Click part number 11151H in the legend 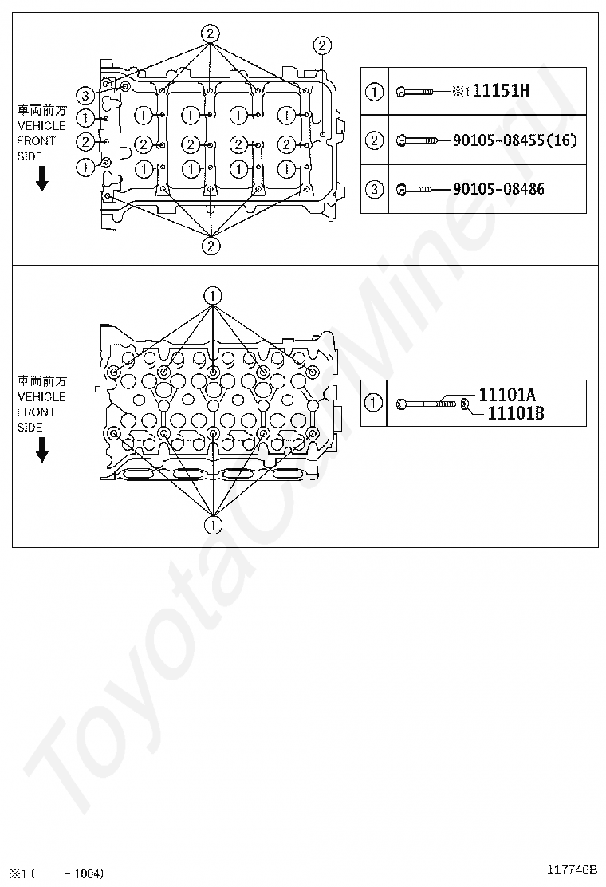click(x=501, y=91)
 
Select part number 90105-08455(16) click(x=514, y=140)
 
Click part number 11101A click(x=507, y=394)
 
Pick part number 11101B click(x=515, y=412)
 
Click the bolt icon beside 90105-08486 click(x=414, y=189)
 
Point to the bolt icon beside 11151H click(x=414, y=92)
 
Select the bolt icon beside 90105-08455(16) click(x=416, y=140)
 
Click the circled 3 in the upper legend click(x=375, y=189)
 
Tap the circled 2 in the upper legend click(x=375, y=140)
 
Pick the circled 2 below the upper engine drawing click(x=211, y=245)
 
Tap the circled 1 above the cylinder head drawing click(x=213, y=295)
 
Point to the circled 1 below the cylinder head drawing click(x=213, y=524)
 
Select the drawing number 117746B click(x=572, y=869)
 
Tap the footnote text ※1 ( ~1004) click(x=57, y=873)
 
